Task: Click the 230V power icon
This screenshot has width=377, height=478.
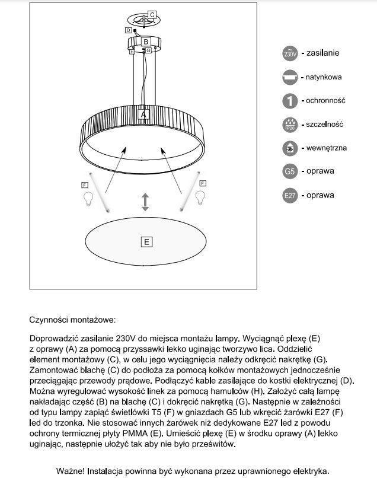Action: [289, 53]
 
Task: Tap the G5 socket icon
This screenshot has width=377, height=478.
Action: [289, 171]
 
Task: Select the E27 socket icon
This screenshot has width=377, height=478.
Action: [289, 195]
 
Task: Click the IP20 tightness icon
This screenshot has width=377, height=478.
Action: [289, 125]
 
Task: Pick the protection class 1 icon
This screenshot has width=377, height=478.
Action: [289, 101]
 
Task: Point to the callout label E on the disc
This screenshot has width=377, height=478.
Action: [146, 241]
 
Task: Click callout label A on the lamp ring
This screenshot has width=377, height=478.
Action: [143, 113]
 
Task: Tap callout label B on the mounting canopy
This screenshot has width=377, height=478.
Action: [146, 42]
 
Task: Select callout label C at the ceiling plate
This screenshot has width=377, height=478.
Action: [152, 14]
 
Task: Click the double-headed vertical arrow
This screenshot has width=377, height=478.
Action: [145, 202]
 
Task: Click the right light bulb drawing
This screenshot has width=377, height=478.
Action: [201, 196]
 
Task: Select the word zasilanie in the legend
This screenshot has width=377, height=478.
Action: [323, 53]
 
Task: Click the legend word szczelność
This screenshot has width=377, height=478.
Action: [325, 125]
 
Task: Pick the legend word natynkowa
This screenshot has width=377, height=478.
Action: [324, 77]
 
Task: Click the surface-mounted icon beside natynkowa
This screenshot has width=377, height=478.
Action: [289, 77]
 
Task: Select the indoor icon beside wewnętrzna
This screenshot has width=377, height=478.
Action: [289, 148]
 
